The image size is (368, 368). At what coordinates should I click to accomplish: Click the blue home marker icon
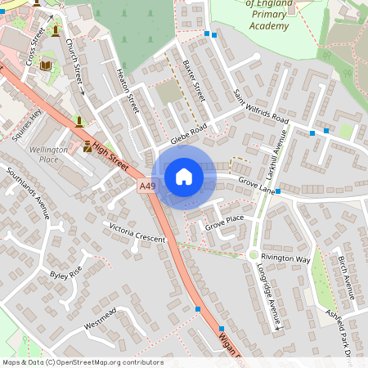point(184,177)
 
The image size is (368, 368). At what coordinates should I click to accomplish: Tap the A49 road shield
point(147,187)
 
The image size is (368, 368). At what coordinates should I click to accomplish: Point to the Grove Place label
point(224,221)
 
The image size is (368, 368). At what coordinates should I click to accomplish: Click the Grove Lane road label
point(255,185)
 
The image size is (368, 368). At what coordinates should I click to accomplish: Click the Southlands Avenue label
point(29,195)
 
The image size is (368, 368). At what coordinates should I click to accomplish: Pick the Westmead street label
point(101,317)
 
